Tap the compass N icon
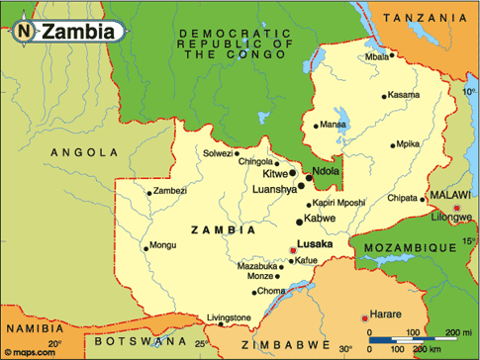tap(23, 32)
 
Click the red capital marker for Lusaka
tap(292, 250)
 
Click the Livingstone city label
tap(230, 317)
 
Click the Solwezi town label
tap(218, 153)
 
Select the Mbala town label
tap(377, 56)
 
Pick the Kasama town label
tap(404, 95)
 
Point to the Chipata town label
tap(402, 198)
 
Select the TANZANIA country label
tap(425, 19)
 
